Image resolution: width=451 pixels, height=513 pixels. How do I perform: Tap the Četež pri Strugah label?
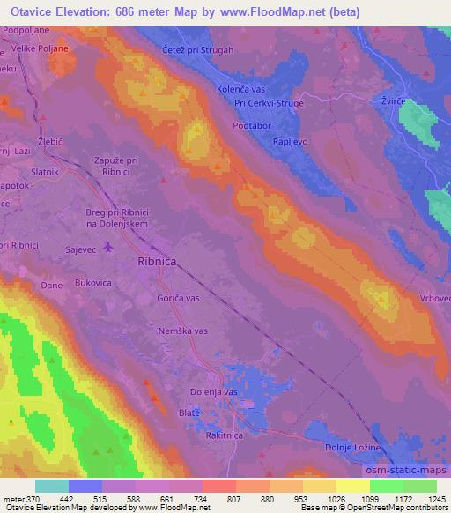pos(198,50)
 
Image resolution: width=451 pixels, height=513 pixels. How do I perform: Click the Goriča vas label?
pos(180,300)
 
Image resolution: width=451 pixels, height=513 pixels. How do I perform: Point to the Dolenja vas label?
pos(214,391)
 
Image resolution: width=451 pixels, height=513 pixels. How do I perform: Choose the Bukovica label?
pos(93,284)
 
